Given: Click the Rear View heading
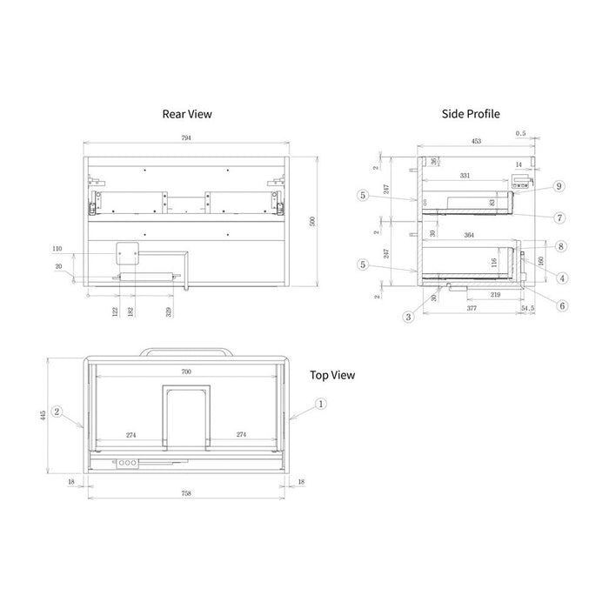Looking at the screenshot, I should pyautogui.click(x=186, y=113).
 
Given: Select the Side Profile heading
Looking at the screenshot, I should pyautogui.click(x=470, y=113).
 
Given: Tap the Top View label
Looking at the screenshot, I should pyautogui.click(x=332, y=375).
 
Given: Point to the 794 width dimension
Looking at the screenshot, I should pyautogui.click(x=185, y=138).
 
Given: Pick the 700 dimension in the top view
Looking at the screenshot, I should pyautogui.click(x=185, y=371).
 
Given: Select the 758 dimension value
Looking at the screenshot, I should pyautogui.click(x=185, y=492).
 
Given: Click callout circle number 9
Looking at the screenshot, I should pyautogui.click(x=559, y=185).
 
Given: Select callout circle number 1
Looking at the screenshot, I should pyautogui.click(x=320, y=403).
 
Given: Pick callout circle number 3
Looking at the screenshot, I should pyautogui.click(x=408, y=317).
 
